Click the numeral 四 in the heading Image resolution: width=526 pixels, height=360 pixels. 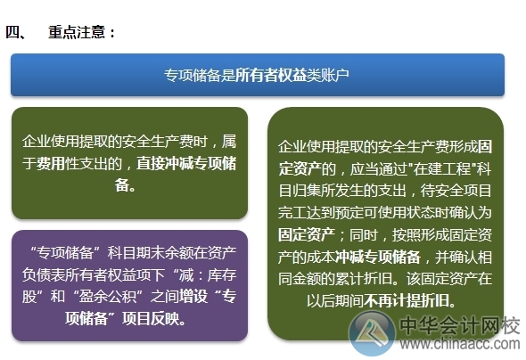[x=13, y=33]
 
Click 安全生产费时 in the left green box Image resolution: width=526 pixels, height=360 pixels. [x=169, y=143]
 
